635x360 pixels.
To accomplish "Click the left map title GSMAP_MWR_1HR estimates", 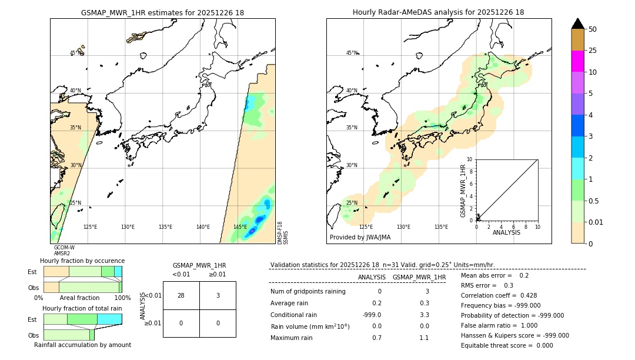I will pos(162,12).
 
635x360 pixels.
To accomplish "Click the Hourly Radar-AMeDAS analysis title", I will pos(438,12).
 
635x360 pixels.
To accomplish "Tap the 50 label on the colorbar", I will pos(593,29).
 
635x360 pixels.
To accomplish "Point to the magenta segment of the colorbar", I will pos(577,61).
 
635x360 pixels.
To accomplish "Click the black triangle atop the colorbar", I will pos(577,24).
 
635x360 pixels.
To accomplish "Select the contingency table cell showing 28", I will pos(181,295).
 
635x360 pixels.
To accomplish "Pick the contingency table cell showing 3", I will pos(218,295).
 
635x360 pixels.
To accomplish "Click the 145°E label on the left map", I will pos(240,227).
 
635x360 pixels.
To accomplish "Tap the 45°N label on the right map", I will pos(352,54).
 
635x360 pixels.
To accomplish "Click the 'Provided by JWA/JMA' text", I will pos(360,238).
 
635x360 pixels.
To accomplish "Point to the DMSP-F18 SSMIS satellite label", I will pos(283,233).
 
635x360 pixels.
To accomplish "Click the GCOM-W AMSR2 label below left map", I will pos(63,251).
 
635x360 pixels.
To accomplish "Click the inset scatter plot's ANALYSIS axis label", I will pos(507,232).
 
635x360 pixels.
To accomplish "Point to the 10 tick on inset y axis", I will pos(470,159).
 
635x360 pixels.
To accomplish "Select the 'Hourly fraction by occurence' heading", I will pos(82,261).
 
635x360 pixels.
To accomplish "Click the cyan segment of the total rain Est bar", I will pos(109,319).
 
